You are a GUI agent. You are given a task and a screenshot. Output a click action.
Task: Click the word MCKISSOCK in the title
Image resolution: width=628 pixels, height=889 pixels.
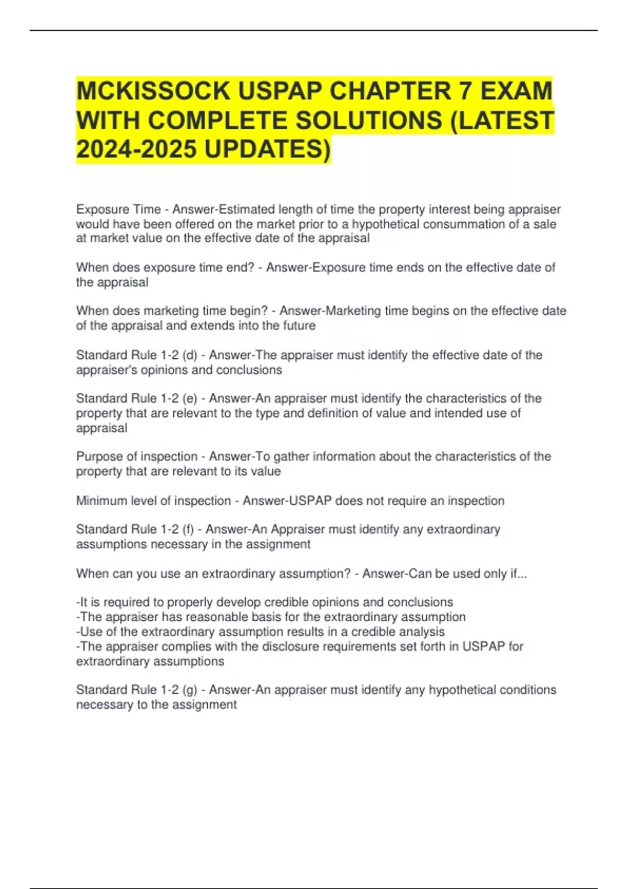tap(153, 91)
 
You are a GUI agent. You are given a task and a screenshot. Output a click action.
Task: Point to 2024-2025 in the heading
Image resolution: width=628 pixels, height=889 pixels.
tap(136, 149)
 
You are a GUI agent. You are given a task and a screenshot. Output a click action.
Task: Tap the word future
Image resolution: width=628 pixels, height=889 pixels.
tap(298, 326)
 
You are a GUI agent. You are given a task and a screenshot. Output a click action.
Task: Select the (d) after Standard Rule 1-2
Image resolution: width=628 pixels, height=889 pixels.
tap(189, 355)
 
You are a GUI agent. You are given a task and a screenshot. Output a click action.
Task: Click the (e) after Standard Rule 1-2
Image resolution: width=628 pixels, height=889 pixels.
tap(189, 398)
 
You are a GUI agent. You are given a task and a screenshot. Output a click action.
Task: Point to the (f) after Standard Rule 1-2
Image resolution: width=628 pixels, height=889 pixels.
tap(188, 529)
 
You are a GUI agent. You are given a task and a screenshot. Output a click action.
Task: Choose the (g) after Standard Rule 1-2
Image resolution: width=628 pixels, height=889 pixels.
tap(189, 690)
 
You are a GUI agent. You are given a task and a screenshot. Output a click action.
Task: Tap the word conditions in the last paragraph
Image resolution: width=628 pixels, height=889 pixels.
tap(528, 690)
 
